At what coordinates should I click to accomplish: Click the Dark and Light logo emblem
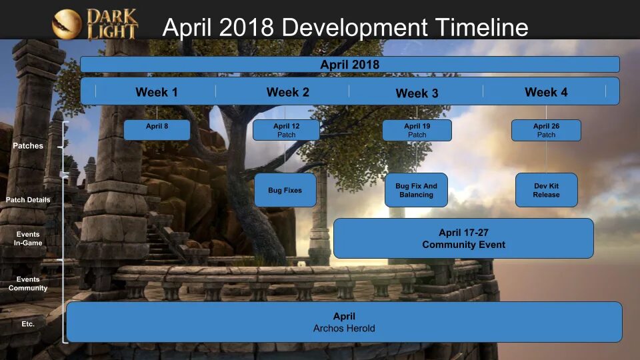coord(67,25)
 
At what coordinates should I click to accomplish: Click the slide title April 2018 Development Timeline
coord(345,27)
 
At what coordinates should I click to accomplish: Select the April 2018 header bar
coord(349,65)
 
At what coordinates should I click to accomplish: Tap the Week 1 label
coord(157,92)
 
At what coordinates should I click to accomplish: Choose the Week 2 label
coord(288,92)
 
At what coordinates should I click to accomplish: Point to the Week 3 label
coord(417,93)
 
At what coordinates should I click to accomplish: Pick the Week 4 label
coord(546,92)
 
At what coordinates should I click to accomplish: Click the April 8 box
coord(157,130)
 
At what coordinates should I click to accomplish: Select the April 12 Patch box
coord(286,130)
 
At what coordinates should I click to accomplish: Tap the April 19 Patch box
coord(417,130)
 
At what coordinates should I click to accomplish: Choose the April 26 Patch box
coord(546,130)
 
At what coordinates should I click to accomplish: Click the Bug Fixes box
coord(285,190)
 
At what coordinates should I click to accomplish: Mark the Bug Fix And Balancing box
coord(417,190)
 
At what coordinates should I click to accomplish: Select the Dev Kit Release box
coord(546,190)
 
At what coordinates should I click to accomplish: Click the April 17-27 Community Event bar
coord(463,239)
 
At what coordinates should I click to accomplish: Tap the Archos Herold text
coord(344,328)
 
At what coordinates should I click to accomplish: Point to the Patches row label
coord(28,145)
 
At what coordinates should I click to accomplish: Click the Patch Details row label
coord(28,199)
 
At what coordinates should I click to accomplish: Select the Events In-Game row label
coord(28,239)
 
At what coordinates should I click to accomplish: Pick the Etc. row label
coord(28,324)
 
